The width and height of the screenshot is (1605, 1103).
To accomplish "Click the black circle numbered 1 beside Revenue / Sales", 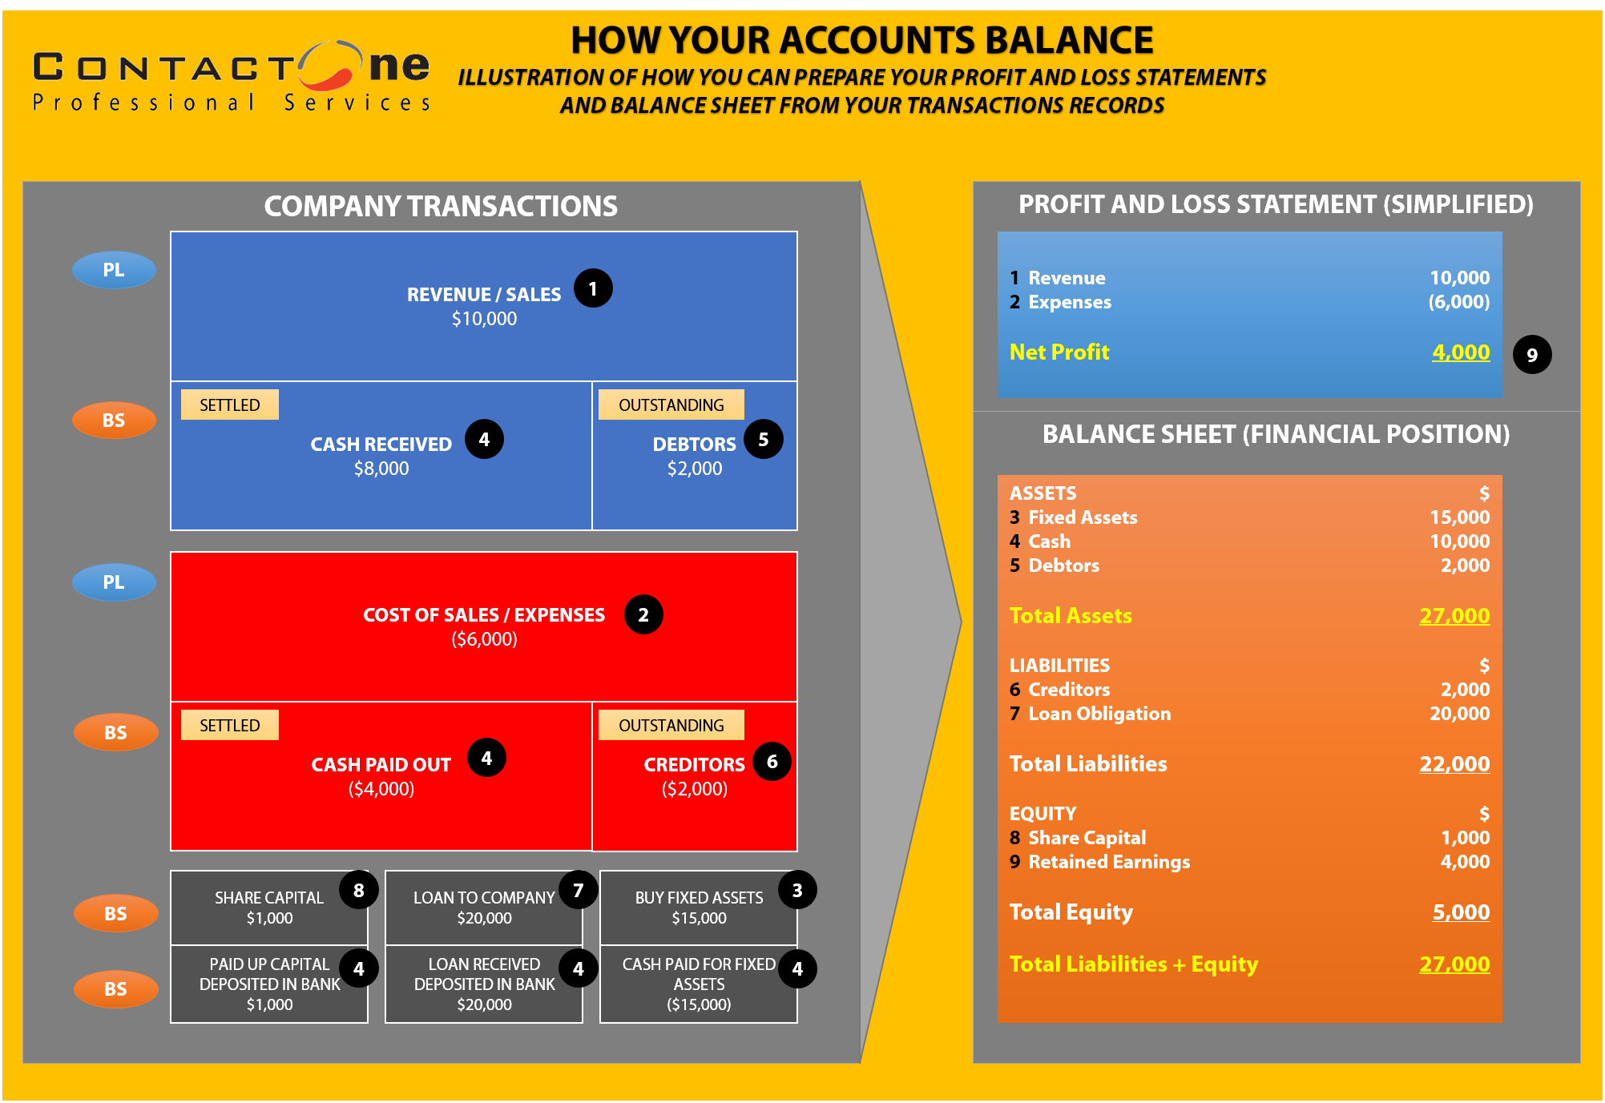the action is pyautogui.click(x=593, y=288).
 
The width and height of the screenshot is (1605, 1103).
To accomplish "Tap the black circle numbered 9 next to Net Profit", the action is pyautogui.click(x=1532, y=355).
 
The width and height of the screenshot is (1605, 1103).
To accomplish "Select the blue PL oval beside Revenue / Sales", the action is pyautogui.click(x=114, y=270).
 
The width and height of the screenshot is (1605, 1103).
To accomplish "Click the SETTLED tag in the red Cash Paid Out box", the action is pyautogui.click(x=230, y=725).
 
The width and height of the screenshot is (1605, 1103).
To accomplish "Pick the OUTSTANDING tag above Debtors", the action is pyautogui.click(x=671, y=405).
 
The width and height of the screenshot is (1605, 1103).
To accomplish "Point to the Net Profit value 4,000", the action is pyautogui.click(x=1461, y=352).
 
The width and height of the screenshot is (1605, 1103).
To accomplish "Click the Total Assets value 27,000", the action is pyautogui.click(x=1454, y=615).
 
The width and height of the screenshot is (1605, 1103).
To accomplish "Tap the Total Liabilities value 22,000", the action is pyautogui.click(x=1454, y=763).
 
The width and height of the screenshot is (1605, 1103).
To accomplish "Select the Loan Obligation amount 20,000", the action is pyautogui.click(x=1460, y=714).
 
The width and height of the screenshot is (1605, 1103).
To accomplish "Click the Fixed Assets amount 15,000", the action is pyautogui.click(x=1460, y=517).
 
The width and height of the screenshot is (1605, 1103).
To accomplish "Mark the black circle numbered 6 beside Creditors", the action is pyautogui.click(x=772, y=761).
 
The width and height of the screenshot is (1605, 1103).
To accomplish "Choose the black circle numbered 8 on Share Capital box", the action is pyautogui.click(x=359, y=890).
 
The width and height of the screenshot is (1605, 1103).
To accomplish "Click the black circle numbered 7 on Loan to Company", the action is pyautogui.click(x=579, y=890).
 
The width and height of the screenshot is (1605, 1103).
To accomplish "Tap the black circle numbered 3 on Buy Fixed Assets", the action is pyautogui.click(x=797, y=890).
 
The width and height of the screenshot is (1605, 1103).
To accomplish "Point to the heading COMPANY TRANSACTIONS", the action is pyautogui.click(x=441, y=206).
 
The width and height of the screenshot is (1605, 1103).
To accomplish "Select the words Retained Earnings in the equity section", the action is pyautogui.click(x=1109, y=862).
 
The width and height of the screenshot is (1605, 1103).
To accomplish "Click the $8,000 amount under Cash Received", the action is pyautogui.click(x=381, y=469).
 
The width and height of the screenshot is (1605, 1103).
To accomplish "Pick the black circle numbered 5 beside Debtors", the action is pyautogui.click(x=764, y=439).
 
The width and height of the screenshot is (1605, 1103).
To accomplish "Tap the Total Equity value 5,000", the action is pyautogui.click(x=1461, y=912).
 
